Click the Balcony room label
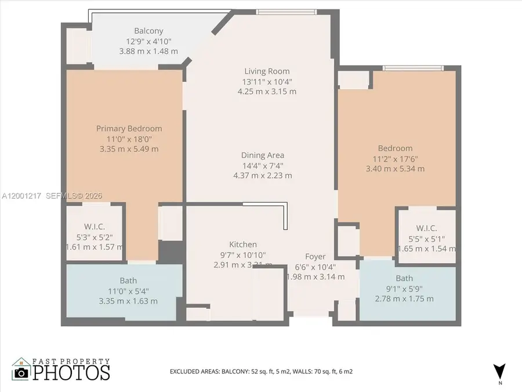148,31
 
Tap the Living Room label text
267,71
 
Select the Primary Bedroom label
129,128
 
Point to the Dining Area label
263,155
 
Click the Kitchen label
242,244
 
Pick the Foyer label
316,256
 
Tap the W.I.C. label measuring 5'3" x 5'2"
94,226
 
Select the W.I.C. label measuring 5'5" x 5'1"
426,228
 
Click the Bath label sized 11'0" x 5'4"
128,280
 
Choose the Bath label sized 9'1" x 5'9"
404,278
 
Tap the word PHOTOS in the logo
71,372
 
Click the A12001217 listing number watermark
23,196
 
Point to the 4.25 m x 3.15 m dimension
267,91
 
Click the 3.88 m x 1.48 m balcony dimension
148,51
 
